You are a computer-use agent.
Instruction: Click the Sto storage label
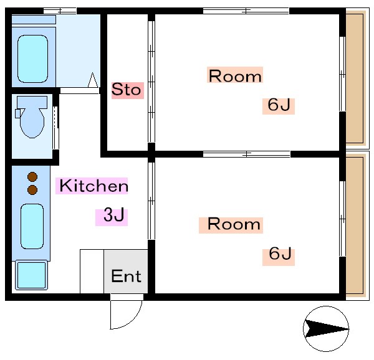(x=127, y=90)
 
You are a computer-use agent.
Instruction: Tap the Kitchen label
(x=93, y=186)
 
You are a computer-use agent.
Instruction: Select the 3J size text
(x=112, y=216)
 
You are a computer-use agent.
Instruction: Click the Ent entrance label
(x=126, y=275)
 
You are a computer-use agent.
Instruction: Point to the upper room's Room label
(x=234, y=76)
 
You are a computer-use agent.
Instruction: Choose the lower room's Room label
(x=230, y=224)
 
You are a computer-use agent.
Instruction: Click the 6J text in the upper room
(x=277, y=105)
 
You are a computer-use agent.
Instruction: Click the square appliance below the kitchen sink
(x=31, y=275)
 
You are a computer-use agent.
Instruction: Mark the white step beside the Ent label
(x=92, y=271)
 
